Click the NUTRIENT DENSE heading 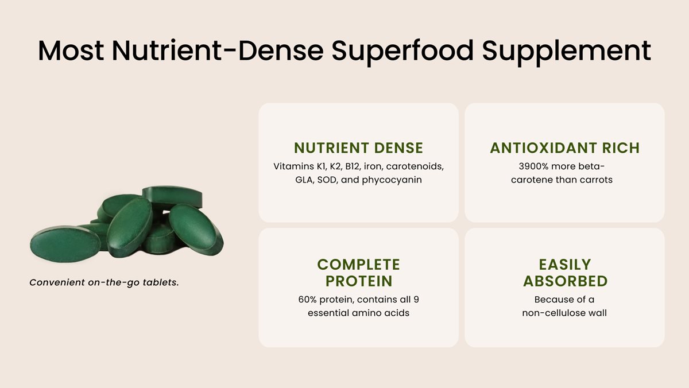(358, 148)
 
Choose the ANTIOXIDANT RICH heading (564, 148)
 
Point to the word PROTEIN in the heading (358, 281)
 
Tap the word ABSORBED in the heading (565, 281)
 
